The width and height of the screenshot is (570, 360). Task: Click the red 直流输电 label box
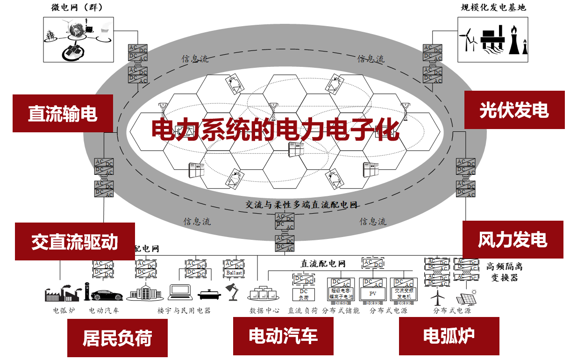63,113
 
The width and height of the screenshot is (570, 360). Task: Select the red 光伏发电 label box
514,110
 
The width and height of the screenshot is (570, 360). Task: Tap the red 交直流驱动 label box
75,241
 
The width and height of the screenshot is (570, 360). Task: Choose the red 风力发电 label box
513,239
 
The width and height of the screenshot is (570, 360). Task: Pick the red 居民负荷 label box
117,337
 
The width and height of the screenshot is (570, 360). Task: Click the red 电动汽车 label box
283,335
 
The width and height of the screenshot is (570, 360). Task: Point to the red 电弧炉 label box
449,335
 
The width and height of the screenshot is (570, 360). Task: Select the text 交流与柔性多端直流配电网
301,204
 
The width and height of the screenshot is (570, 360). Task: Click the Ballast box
234,272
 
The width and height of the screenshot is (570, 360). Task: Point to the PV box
373,294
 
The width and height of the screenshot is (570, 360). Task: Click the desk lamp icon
232,292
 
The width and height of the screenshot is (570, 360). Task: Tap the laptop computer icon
180,292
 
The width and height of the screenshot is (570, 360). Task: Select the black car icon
107,295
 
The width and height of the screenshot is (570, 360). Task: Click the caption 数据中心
264,310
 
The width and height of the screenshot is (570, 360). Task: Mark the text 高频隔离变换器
504,272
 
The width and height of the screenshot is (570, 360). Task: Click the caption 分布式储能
341,310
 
